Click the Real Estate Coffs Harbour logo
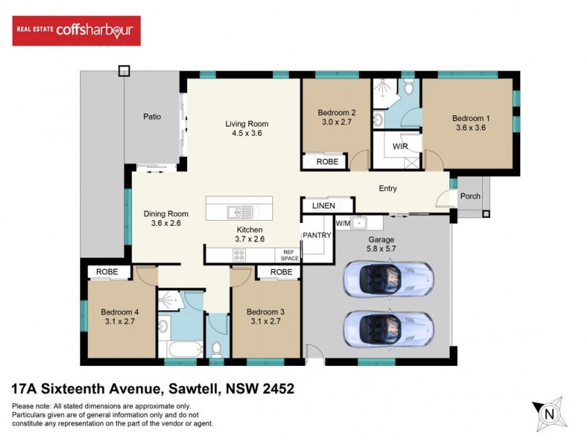pyautogui.click(x=77, y=31)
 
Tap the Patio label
pyautogui.click(x=152, y=117)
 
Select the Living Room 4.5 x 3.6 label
pyautogui.click(x=247, y=128)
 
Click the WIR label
pyautogui.click(x=401, y=147)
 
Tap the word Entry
pyautogui.click(x=387, y=188)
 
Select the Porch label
pyautogui.click(x=470, y=197)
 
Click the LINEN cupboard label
pyautogui.click(x=324, y=206)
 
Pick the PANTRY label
pyautogui.click(x=318, y=235)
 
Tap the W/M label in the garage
pyautogui.click(x=343, y=223)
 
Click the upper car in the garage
pyautogui.click(x=388, y=280)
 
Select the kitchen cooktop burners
pyautogui.click(x=239, y=254)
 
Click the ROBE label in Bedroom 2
pyautogui.click(x=327, y=161)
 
